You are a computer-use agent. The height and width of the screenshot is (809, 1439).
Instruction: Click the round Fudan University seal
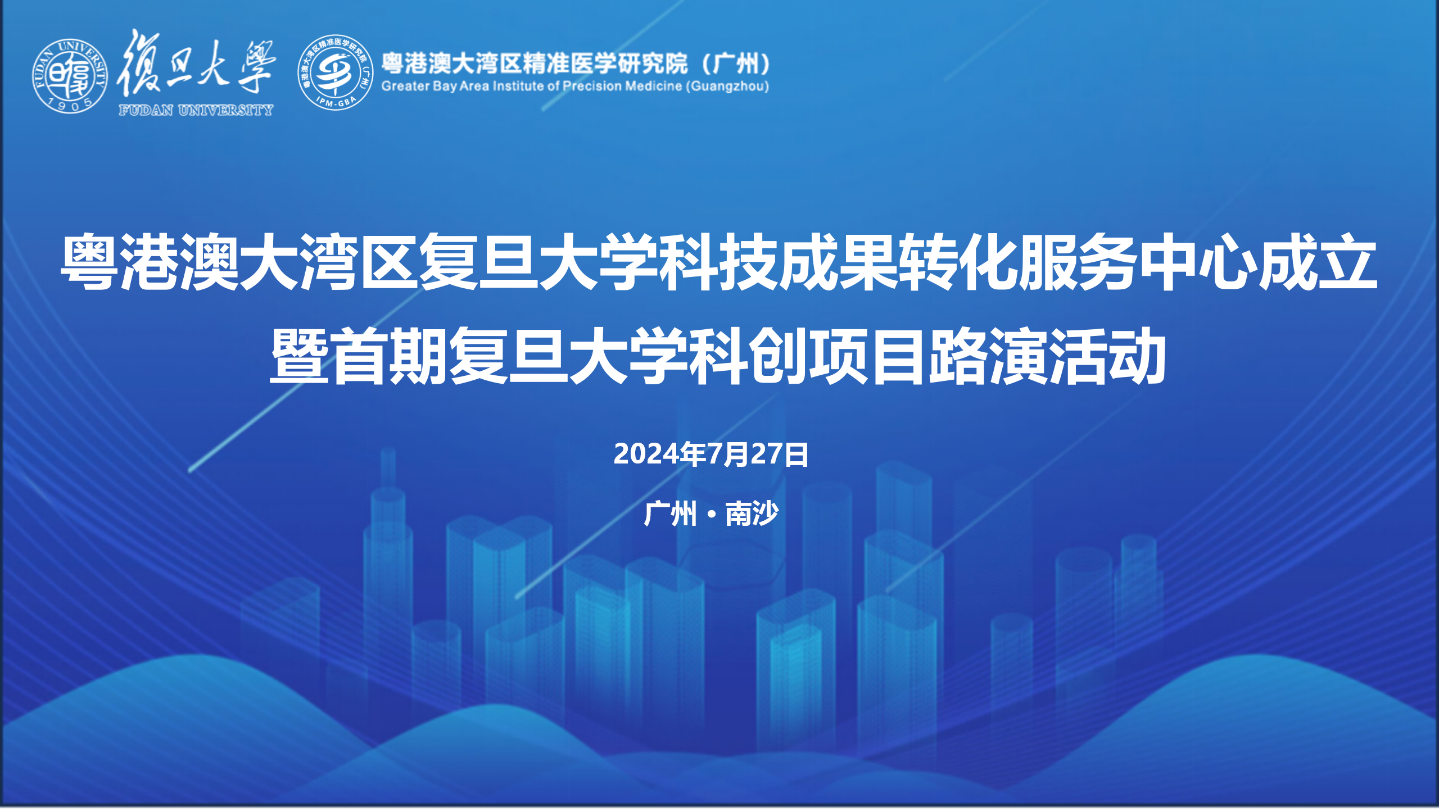click(70, 76)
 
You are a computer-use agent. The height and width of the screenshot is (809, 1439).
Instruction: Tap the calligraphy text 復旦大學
click(196, 63)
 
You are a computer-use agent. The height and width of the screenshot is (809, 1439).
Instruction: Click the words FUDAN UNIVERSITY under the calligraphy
click(196, 110)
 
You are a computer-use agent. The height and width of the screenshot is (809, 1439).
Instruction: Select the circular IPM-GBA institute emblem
click(335, 72)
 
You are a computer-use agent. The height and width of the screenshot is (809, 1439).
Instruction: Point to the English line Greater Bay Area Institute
click(575, 86)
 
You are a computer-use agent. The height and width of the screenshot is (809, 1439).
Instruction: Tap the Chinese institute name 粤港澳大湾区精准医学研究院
click(535, 63)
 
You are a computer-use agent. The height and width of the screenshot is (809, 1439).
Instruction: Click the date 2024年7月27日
click(711, 454)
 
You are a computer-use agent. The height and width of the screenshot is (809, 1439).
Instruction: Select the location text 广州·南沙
click(711, 513)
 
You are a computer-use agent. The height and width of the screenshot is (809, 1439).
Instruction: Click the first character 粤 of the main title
click(90, 262)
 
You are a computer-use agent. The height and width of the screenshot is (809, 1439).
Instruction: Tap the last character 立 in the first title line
click(1347, 262)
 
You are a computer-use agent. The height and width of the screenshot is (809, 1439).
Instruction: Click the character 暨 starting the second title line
click(300, 356)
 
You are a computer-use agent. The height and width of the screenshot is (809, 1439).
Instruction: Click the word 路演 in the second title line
click(988, 356)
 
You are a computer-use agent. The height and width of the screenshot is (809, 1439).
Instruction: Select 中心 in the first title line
click(1198, 262)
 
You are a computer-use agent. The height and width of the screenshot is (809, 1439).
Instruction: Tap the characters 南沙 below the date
click(752, 513)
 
